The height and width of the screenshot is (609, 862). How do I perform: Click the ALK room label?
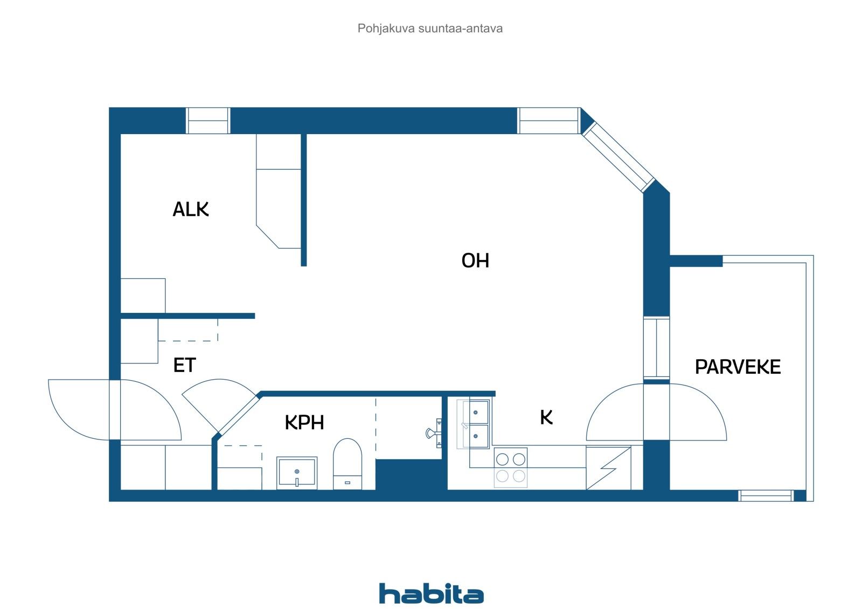point(190,209)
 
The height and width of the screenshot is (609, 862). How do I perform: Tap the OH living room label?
point(475,261)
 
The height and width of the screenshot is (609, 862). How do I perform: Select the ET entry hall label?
point(184,365)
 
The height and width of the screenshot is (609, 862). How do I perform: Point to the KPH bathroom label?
point(304,422)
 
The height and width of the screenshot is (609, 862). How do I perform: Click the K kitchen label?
point(546,417)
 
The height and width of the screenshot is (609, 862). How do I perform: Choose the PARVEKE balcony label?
point(737,367)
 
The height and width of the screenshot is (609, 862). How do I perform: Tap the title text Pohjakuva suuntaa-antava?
point(430,29)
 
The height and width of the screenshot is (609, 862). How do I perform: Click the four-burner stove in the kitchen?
point(510,467)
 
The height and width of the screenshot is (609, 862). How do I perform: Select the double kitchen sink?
point(475,424)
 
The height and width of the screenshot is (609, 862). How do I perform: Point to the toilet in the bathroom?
point(347,463)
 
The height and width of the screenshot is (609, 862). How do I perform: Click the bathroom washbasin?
point(297,472)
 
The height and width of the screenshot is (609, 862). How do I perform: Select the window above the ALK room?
point(208,121)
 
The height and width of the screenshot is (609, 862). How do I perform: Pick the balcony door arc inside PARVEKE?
point(698,412)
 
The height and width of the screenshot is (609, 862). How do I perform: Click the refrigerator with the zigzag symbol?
point(608,468)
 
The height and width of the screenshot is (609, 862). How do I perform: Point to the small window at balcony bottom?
point(765,496)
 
